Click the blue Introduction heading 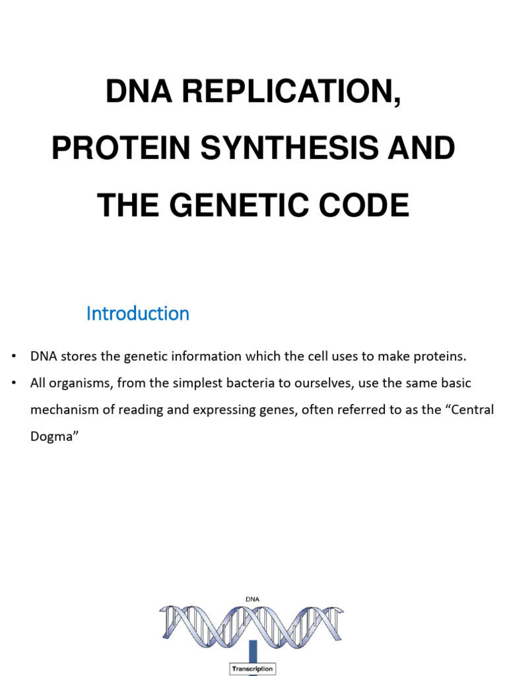137,314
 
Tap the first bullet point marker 14,357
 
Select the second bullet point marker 14,383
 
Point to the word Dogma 50,436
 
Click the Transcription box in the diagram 252,669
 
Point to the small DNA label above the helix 252,599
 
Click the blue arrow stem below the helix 252,650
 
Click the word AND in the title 425,149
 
